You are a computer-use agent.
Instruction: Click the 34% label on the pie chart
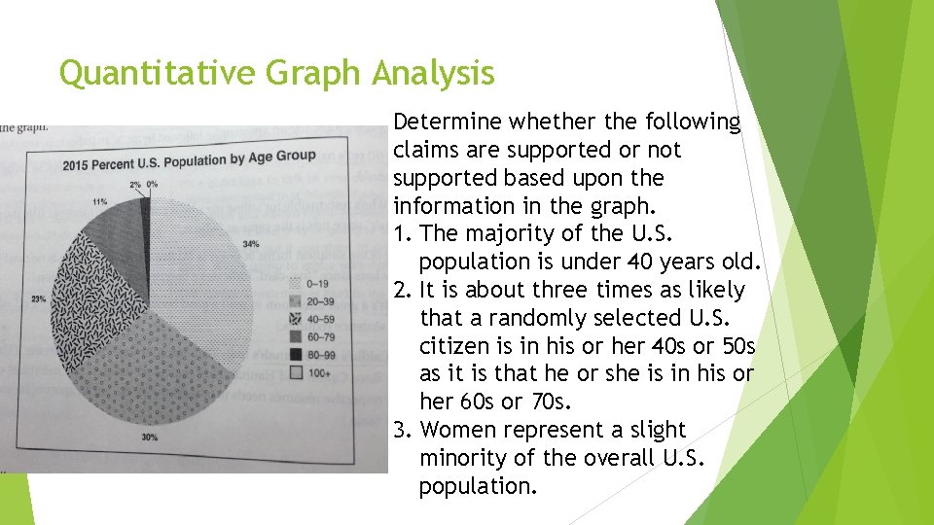[x=251, y=244]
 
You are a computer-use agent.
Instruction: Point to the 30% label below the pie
[x=149, y=437]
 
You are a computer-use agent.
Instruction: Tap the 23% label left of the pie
[x=38, y=299]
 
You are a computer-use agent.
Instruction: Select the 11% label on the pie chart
[x=99, y=201]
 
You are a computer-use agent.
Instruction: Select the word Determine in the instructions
[x=448, y=122]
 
